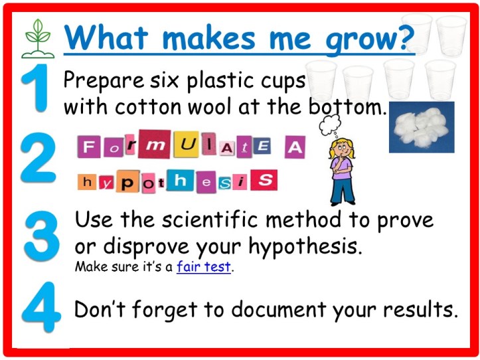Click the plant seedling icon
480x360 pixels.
[x=38, y=39]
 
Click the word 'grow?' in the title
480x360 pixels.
[x=370, y=39]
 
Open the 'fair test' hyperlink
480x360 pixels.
[x=204, y=267]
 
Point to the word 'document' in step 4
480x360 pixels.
[x=295, y=310]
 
